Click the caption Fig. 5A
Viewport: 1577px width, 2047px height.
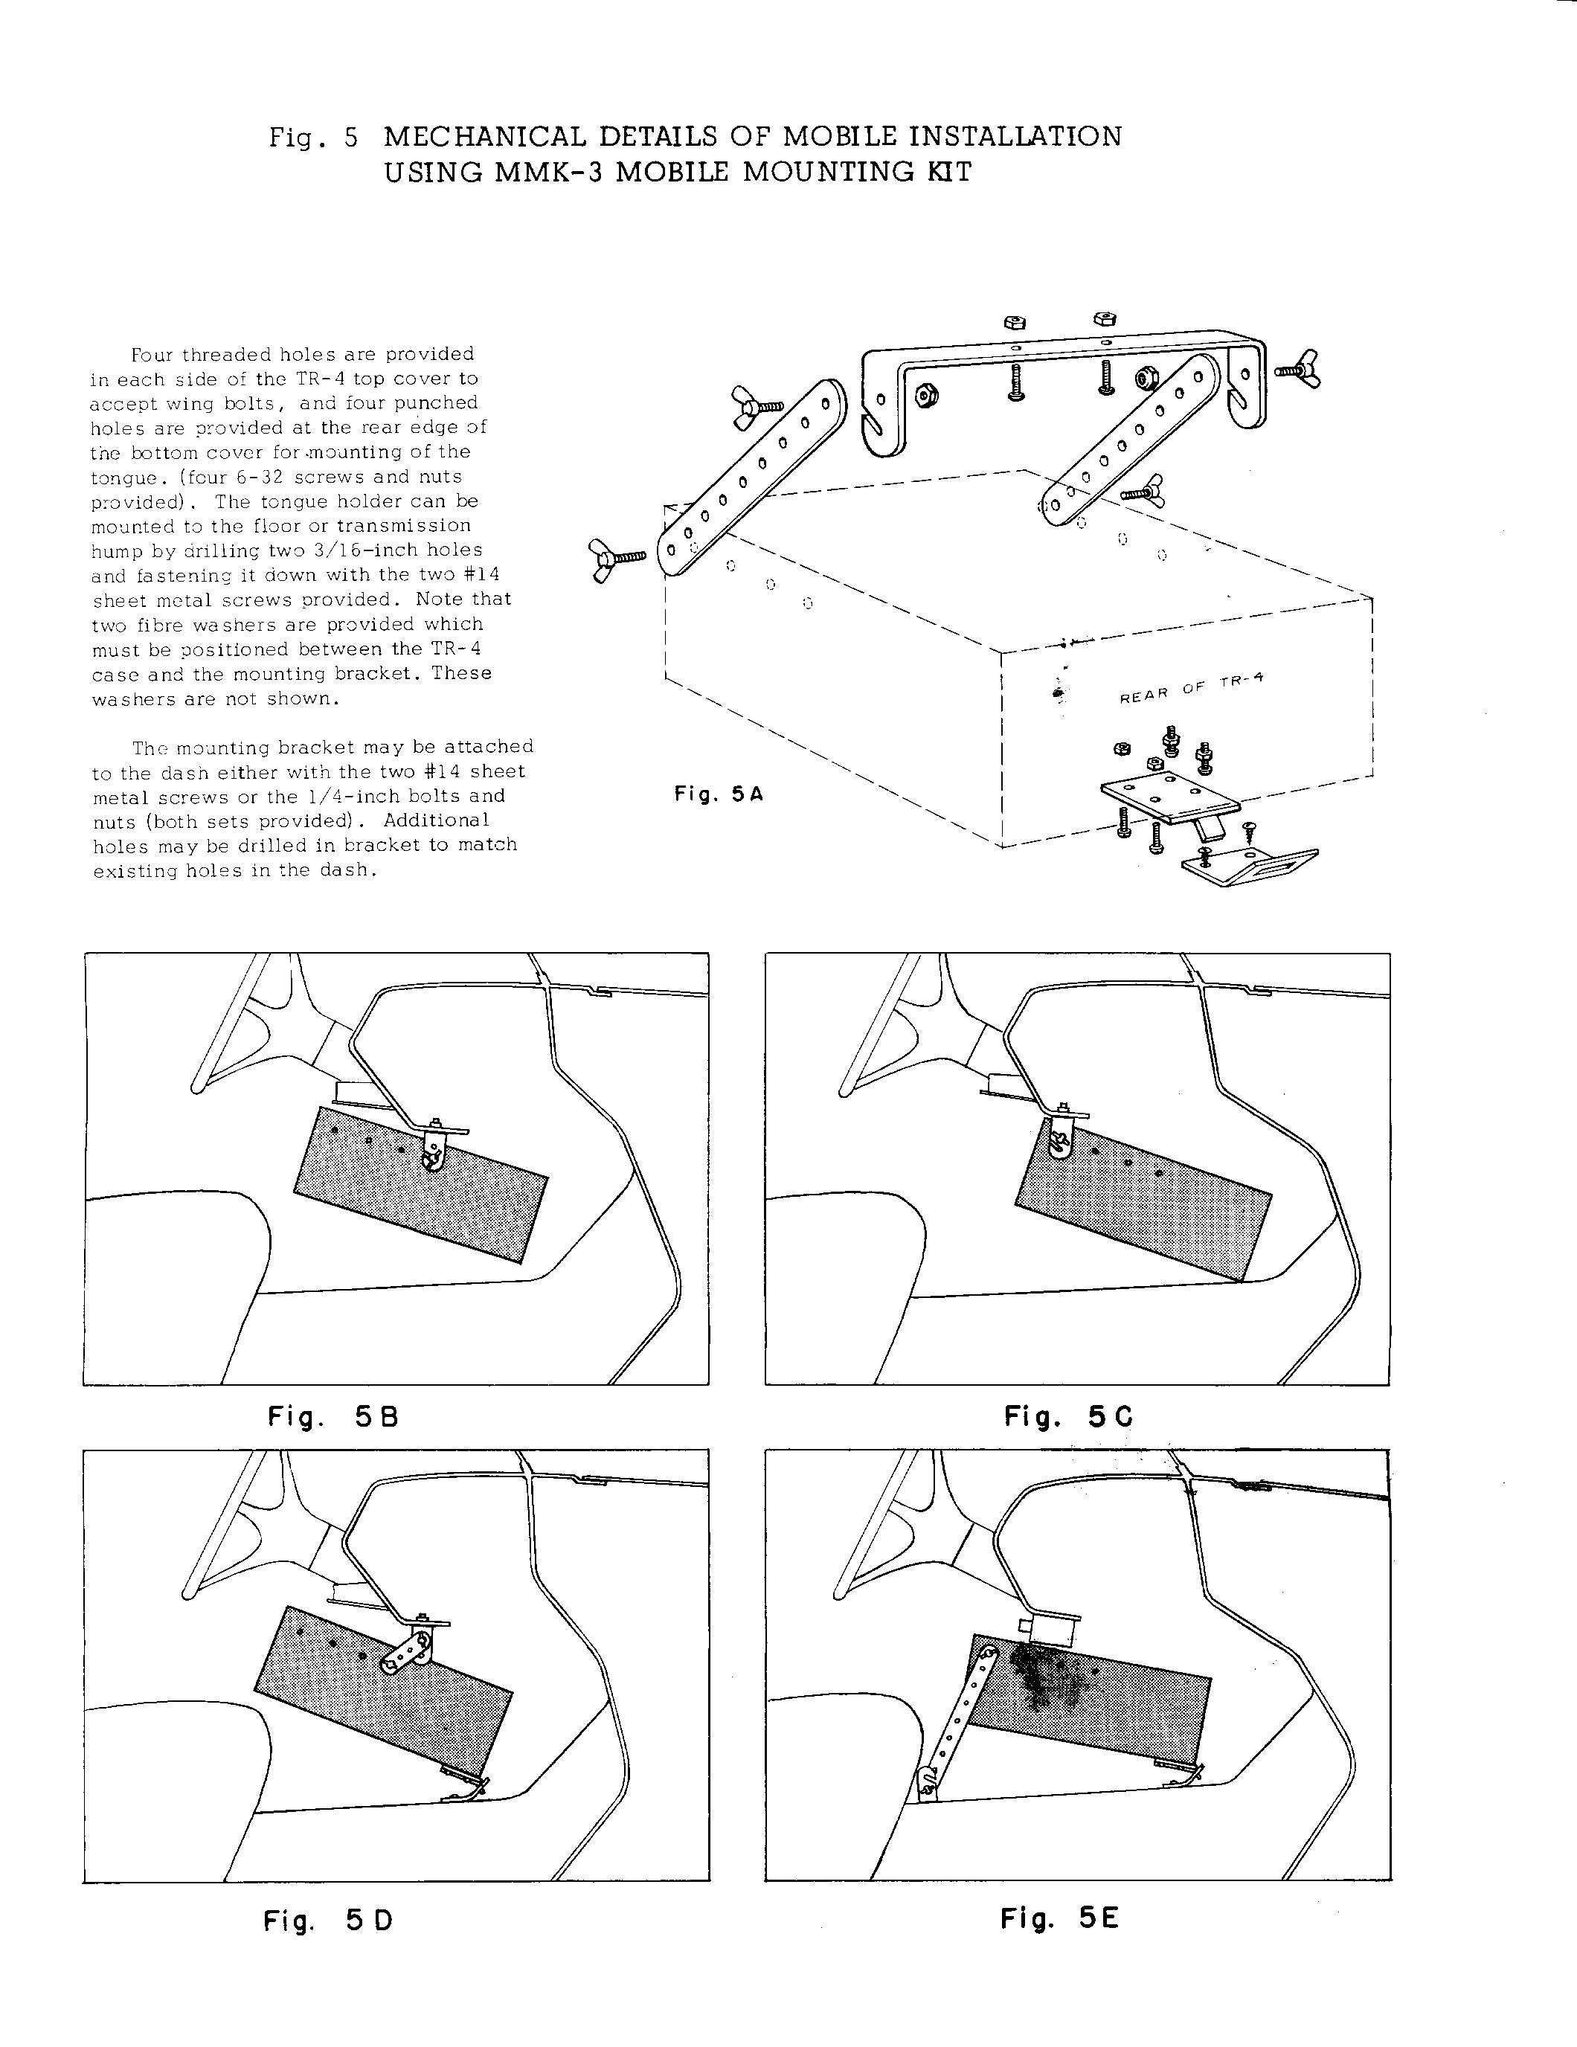tap(718, 794)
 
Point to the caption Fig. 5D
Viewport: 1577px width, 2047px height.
tap(327, 1921)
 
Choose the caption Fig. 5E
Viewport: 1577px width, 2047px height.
tap(1059, 1918)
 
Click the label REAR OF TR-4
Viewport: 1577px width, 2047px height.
tap(1191, 689)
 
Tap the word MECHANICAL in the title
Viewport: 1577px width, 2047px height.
tap(485, 137)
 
